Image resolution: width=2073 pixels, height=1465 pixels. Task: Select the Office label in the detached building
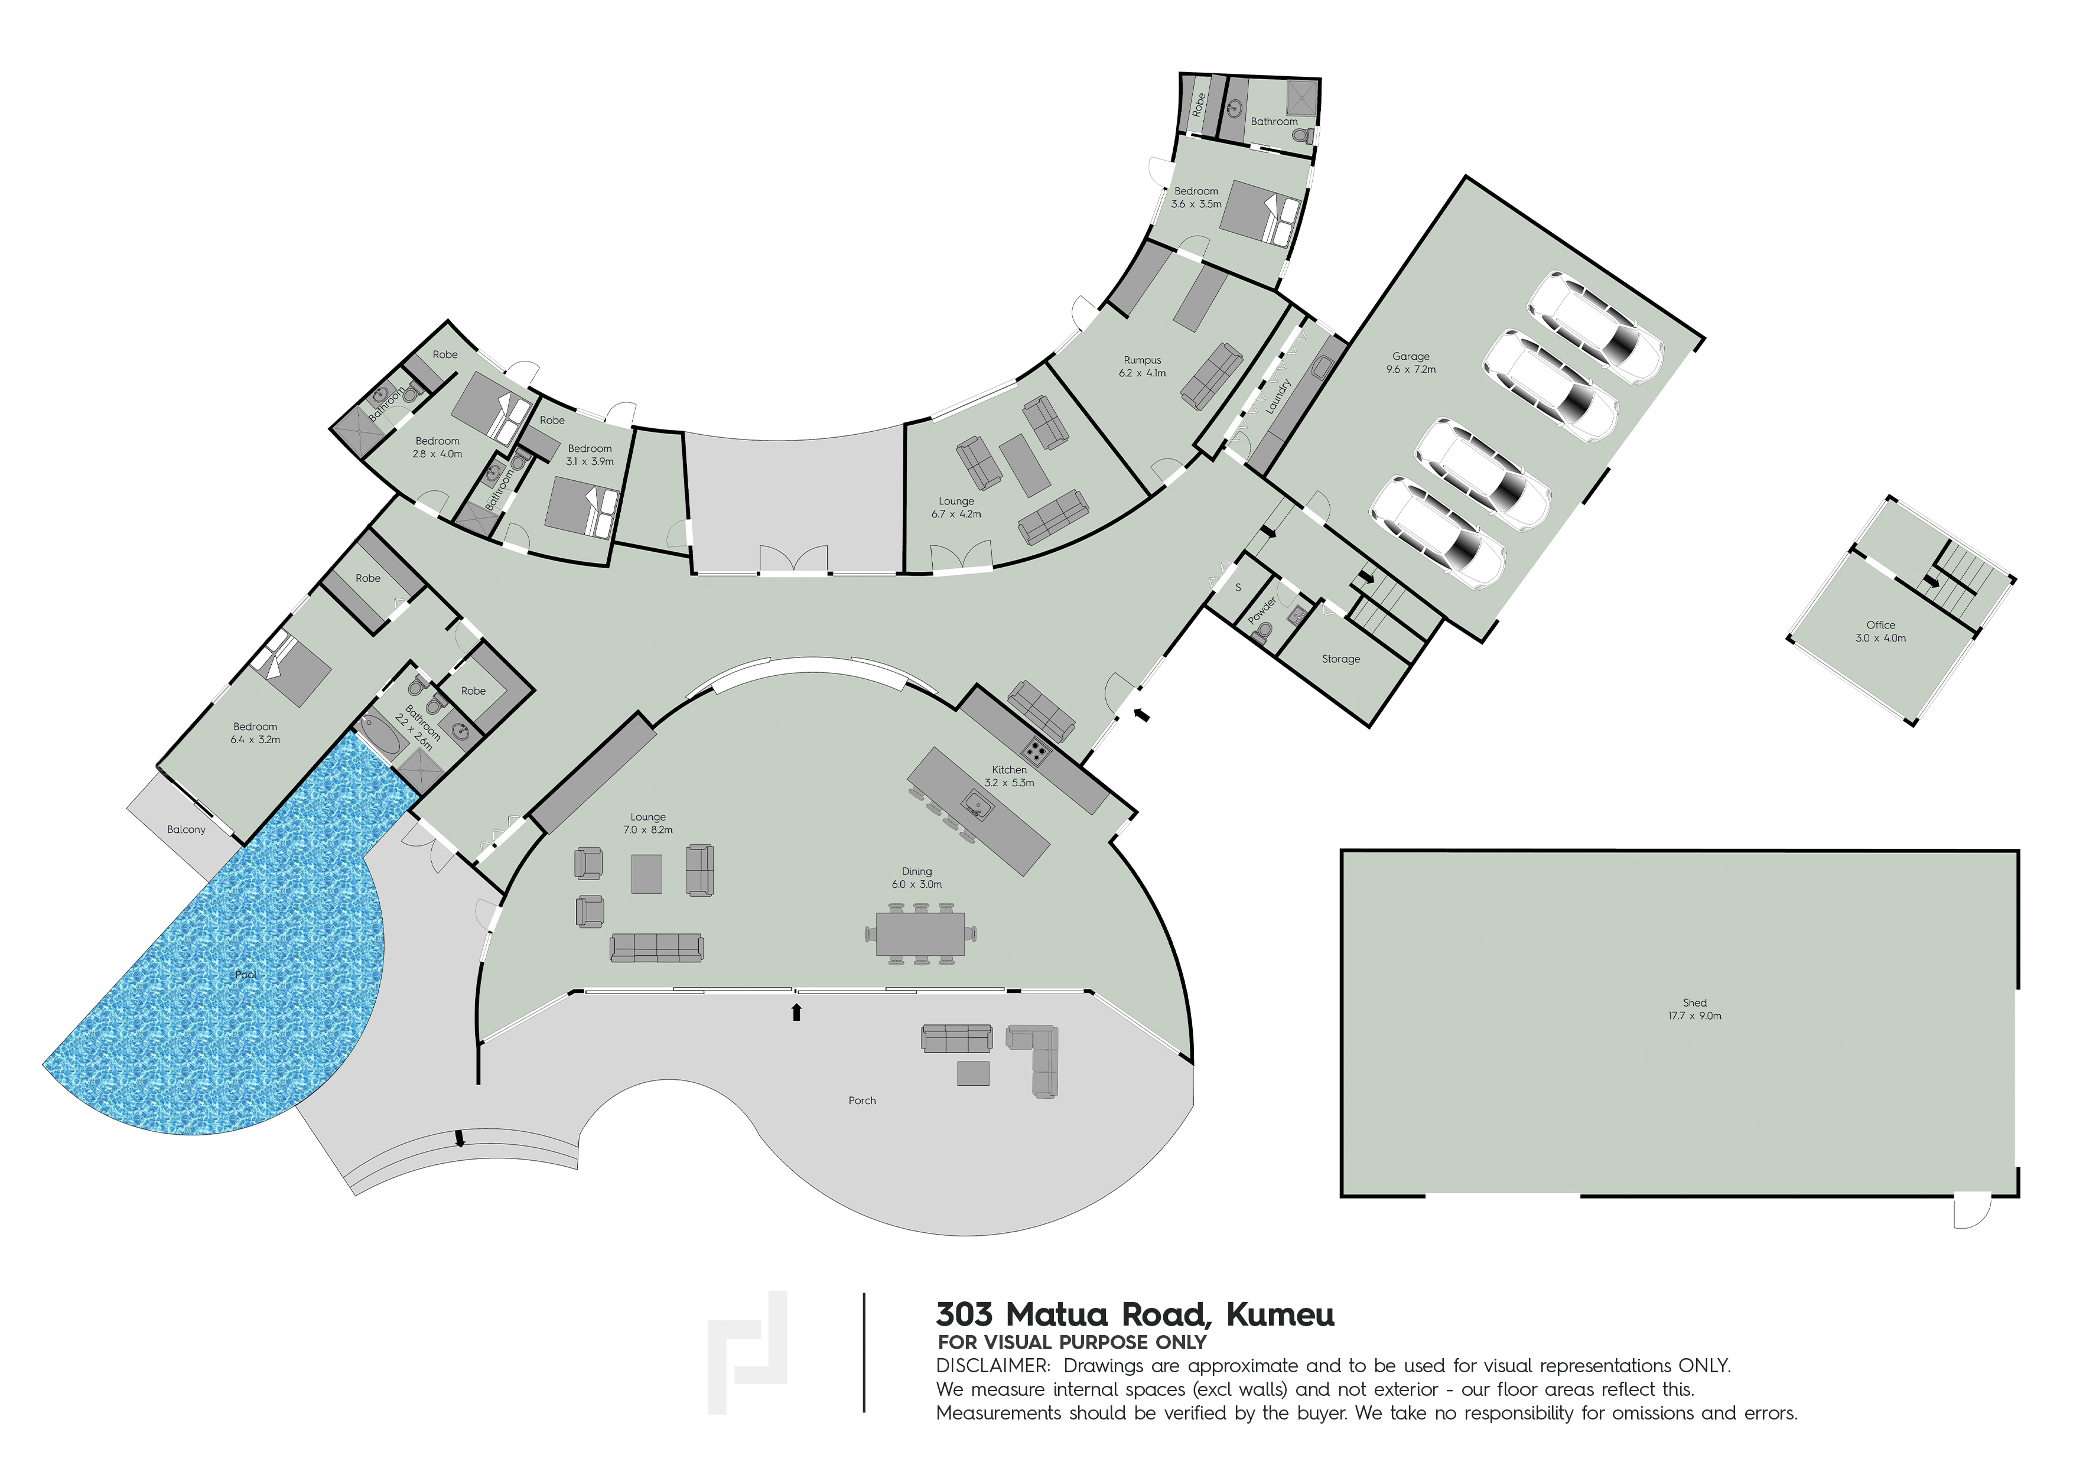click(x=1880, y=631)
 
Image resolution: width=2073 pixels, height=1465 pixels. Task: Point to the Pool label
click(x=246, y=975)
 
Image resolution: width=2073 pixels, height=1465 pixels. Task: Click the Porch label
click(x=863, y=1101)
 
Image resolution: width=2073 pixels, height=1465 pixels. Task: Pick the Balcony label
click(x=186, y=829)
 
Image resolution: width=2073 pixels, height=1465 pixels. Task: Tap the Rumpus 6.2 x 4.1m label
click(x=1142, y=366)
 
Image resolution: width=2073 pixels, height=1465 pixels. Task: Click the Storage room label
click(x=1341, y=659)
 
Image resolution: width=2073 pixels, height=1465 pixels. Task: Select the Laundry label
click(x=1278, y=395)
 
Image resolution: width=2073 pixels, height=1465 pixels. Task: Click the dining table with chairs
click(x=921, y=933)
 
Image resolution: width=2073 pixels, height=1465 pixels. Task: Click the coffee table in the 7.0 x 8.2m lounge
click(x=646, y=874)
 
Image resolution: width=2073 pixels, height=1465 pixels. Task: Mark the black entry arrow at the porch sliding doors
click(x=796, y=1012)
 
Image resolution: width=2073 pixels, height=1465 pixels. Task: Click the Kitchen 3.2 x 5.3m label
click(x=1010, y=776)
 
